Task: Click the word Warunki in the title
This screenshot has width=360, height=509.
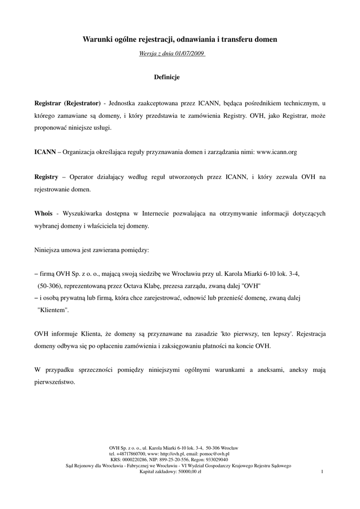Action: [97, 38]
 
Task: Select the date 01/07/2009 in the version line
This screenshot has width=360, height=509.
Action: [186, 53]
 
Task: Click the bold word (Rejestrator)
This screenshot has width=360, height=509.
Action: [82, 103]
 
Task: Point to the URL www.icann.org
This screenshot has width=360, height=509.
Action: [276, 152]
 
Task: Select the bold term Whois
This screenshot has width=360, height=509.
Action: [43, 213]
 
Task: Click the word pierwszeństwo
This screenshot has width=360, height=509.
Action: [55, 382]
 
